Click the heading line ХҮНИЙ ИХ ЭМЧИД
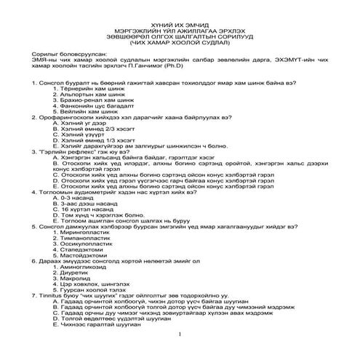coord(179,26)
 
